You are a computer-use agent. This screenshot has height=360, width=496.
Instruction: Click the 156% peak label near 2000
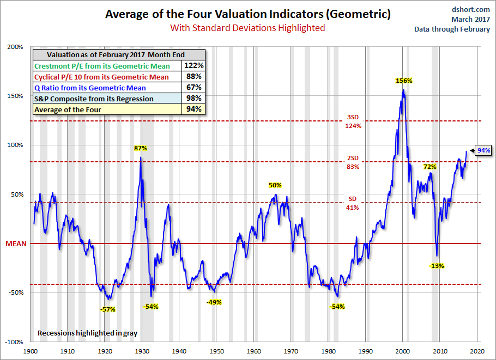403,81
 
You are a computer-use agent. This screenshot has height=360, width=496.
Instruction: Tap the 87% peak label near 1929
141,148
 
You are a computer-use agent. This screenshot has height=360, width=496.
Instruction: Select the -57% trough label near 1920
108,309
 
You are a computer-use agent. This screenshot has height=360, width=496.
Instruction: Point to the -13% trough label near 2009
437,266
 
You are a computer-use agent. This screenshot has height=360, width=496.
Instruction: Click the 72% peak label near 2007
430,166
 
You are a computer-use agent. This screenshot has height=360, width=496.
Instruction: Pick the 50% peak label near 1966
275,185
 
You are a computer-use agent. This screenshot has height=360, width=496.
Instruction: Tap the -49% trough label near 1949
214,302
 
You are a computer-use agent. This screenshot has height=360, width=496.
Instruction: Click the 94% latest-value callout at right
483,150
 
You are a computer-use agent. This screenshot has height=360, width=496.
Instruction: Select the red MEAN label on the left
17,243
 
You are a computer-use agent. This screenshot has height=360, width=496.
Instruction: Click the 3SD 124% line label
353,121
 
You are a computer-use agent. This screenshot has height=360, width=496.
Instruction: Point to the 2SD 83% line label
353,163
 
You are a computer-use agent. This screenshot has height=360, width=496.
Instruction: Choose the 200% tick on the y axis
15,47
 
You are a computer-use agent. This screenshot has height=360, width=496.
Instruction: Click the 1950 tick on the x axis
216,352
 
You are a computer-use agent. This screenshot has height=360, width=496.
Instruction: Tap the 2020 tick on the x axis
477,352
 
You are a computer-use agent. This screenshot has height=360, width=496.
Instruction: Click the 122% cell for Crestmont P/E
193,66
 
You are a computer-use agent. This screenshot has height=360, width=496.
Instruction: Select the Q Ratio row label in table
90,88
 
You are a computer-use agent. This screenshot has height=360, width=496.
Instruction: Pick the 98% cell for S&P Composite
193,99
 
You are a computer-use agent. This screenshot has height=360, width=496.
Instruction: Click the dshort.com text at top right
471,9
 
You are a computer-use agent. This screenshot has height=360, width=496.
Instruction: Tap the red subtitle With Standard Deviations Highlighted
247,28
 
